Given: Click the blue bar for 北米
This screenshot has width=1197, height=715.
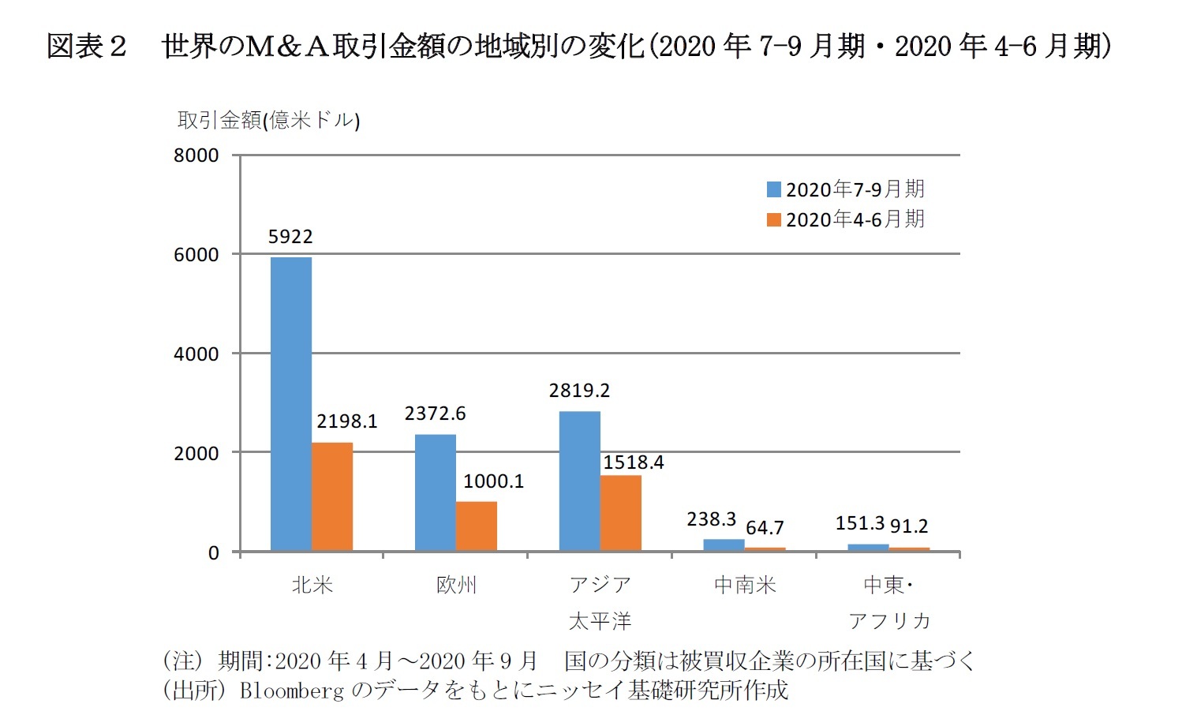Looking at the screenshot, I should [290, 404].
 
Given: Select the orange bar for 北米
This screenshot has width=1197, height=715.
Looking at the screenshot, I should [332, 496].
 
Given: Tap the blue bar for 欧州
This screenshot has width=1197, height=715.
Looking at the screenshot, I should [435, 492].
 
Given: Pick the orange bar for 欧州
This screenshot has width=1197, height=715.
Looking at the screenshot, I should [477, 526].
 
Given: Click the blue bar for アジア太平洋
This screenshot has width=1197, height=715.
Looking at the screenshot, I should [579, 481].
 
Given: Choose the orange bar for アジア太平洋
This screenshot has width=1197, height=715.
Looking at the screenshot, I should [621, 513].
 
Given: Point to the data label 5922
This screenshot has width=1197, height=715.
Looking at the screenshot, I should [290, 237].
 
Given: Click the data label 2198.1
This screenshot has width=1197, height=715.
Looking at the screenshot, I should [347, 421].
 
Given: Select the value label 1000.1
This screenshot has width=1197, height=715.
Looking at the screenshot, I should [493, 481].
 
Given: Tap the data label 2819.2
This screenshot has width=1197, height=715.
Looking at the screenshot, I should [579, 391].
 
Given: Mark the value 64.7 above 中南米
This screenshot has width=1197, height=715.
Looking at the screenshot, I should [765, 527].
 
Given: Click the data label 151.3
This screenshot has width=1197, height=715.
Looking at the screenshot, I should [859, 523].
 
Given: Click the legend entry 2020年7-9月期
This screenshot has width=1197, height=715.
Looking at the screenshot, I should [846, 189].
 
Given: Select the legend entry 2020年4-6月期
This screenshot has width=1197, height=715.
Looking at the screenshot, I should [846, 219].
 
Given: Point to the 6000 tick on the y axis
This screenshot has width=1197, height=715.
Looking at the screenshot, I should [196, 255].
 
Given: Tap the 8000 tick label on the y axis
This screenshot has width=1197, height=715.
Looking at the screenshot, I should [196, 155].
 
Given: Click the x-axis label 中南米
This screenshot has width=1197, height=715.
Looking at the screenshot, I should [745, 585].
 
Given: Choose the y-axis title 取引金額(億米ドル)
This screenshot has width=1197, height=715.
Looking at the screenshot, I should [268, 120].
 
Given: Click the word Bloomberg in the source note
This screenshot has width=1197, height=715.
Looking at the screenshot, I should [292, 691].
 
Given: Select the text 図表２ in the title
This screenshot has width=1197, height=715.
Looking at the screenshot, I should [86, 47].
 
